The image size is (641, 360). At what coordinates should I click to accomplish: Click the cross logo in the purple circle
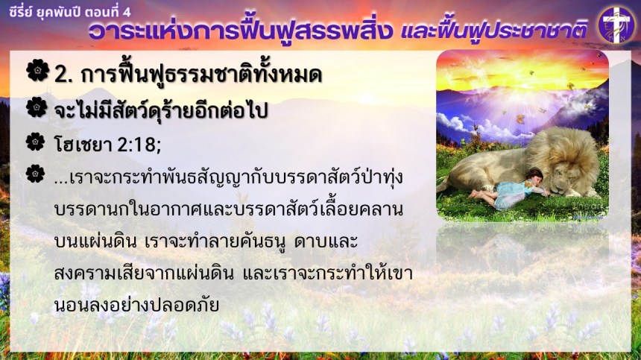616,25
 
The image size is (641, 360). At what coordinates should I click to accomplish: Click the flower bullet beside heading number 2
37,70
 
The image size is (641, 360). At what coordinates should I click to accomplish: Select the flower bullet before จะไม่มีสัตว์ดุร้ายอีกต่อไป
37,107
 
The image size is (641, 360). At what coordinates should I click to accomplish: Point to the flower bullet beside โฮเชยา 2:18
35,142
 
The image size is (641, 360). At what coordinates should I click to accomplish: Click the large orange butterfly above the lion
520,119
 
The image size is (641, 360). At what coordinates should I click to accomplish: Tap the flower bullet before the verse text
35,174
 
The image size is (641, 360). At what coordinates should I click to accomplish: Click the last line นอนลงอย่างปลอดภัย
136,304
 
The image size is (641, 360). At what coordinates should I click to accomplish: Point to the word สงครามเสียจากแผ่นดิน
144,274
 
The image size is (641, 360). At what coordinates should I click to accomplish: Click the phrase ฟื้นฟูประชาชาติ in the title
512,31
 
